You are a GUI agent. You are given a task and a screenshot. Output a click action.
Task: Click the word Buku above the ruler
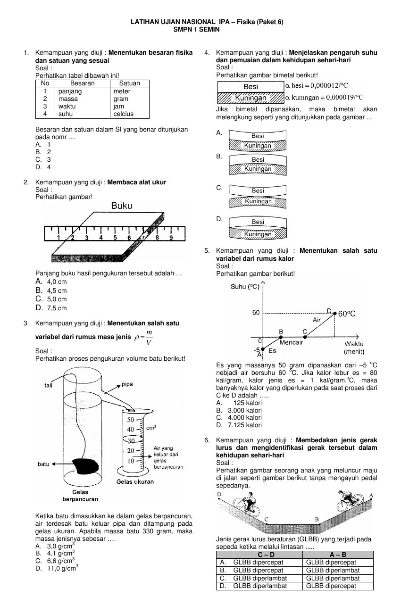click(122, 206)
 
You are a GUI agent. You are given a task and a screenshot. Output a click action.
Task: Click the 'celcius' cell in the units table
click(124, 114)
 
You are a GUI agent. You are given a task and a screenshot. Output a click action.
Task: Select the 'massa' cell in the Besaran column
click(68, 99)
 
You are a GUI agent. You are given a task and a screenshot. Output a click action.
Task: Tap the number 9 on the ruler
click(171, 238)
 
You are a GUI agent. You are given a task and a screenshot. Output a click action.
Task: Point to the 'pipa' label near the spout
click(127, 384)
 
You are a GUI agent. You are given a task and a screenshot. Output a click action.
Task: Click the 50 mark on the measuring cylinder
click(131, 419)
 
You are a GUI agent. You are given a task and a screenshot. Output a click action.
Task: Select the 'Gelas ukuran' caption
click(135, 482)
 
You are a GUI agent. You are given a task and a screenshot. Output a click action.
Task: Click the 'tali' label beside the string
click(48, 385)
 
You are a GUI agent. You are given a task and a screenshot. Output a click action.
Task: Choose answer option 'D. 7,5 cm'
click(51, 308)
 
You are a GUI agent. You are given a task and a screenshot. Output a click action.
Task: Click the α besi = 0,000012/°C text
click(317, 86)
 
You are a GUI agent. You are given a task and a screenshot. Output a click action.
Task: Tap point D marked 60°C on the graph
click(335, 313)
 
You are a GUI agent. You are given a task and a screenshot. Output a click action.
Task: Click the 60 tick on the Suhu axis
click(256, 313)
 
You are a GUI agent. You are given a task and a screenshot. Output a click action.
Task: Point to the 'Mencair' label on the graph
click(291, 342)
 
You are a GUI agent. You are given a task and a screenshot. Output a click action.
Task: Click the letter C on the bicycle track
click(267, 519)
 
